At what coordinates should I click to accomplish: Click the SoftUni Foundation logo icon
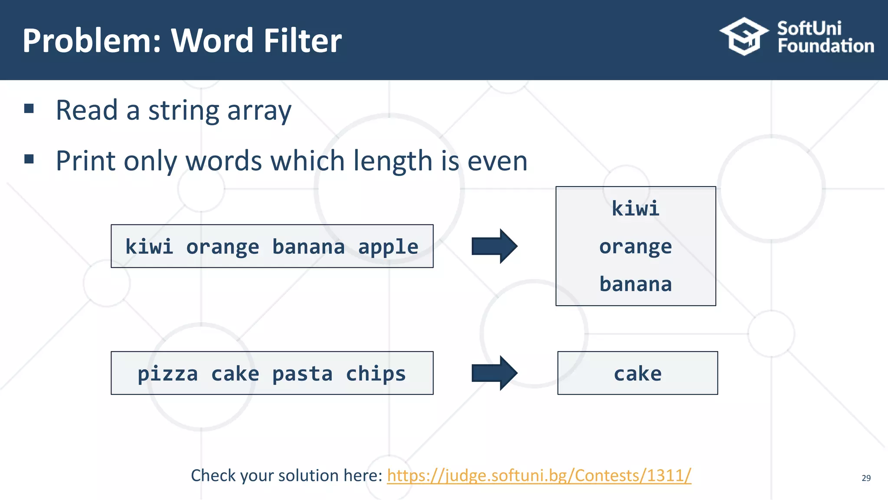[744, 36]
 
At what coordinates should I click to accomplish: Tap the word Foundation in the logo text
[826, 46]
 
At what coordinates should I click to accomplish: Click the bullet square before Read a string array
[29, 109]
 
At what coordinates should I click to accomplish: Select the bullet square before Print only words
[29, 159]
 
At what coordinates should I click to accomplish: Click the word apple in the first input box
[388, 247]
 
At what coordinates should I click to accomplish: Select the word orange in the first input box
[222, 247]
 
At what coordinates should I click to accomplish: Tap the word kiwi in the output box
[635, 209]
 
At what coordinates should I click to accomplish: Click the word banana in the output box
[635, 284]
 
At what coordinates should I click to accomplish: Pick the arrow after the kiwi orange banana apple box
[494, 246]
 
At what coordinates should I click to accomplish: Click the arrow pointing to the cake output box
[494, 373]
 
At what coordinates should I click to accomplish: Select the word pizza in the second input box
[167, 374]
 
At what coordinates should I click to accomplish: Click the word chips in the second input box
[375, 374]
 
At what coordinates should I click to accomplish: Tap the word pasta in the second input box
[302, 374]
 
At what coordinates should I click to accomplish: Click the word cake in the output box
[637, 374]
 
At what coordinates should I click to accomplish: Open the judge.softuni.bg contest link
[539, 476]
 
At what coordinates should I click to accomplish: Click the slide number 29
[866, 478]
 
